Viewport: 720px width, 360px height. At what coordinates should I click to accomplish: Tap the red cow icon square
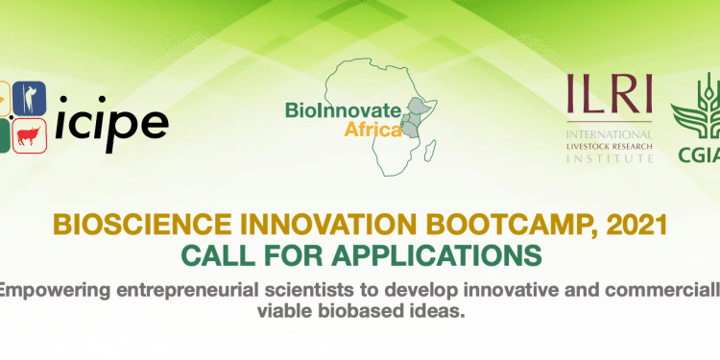point(30,135)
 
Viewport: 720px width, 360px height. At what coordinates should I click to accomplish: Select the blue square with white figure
point(30,98)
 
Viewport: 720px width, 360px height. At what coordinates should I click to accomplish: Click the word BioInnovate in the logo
point(344,111)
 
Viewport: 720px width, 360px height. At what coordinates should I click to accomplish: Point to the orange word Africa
point(372,130)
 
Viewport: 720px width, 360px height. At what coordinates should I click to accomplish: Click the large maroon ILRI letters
point(610,95)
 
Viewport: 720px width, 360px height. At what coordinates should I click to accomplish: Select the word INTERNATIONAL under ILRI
point(610,134)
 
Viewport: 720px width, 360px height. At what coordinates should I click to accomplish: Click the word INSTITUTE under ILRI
point(610,158)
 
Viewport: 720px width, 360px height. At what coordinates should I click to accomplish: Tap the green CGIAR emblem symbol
point(696,108)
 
